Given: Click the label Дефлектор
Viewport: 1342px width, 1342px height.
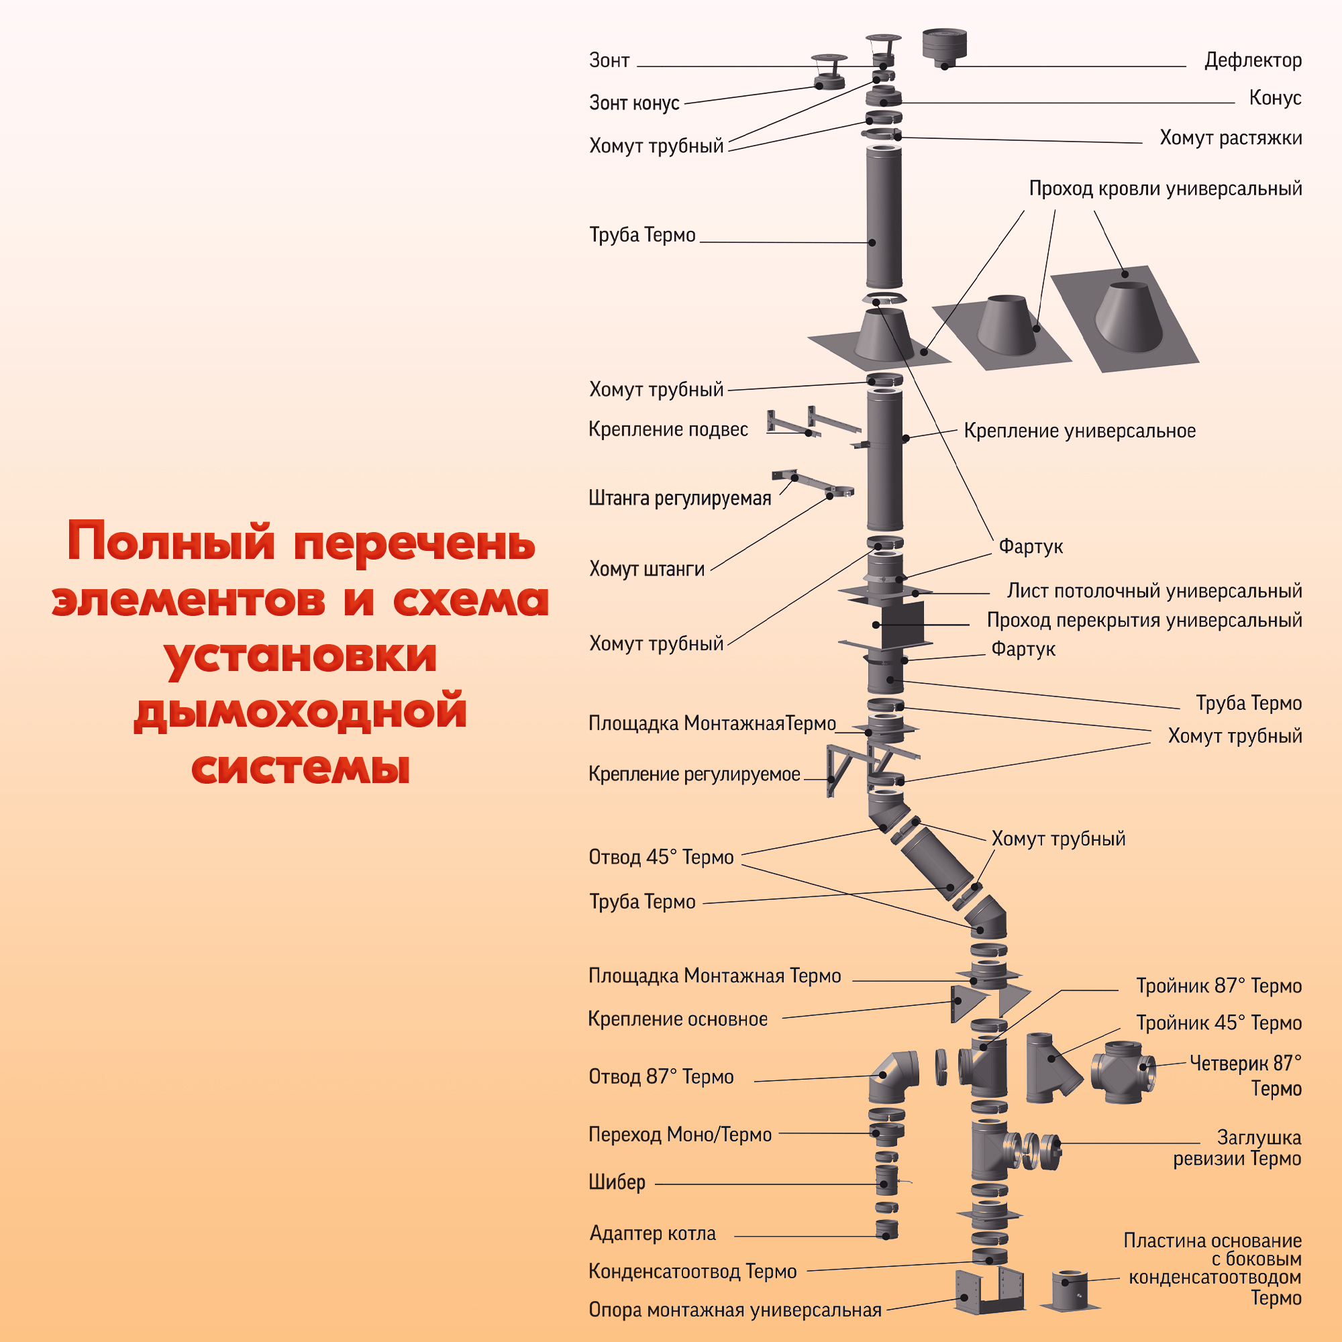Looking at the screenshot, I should (x=1252, y=60).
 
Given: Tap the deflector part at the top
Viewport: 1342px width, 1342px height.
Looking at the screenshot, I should (x=945, y=47).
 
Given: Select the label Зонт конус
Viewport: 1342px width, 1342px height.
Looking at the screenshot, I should (x=633, y=103).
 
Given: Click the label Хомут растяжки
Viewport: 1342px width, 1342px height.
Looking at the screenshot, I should (x=1230, y=138).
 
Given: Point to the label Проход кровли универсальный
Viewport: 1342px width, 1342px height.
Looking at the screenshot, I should (x=1165, y=189).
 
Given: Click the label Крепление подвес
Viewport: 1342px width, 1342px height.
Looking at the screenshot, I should (x=668, y=429).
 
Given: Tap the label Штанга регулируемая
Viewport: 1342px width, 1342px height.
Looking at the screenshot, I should (x=679, y=498).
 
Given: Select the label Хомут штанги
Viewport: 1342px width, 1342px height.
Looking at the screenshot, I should (x=646, y=569).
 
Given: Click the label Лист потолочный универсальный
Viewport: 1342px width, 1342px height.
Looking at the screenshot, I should (x=1153, y=591).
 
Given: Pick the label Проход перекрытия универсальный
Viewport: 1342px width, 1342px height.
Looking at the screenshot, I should (x=1144, y=620).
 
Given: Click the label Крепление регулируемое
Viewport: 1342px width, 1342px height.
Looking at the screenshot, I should (x=694, y=774).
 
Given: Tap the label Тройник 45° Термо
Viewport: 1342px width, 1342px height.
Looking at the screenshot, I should (x=1219, y=1023).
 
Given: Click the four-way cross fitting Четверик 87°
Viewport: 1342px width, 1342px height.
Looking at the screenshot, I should (x=1123, y=1072).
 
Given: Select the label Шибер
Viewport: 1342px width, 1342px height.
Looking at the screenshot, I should (x=617, y=1182).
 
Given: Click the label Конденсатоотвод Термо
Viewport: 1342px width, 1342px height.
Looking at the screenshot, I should (x=692, y=1271).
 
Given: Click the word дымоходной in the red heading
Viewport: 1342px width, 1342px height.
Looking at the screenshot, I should (x=300, y=711).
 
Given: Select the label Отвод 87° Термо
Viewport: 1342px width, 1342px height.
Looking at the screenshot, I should (x=660, y=1076).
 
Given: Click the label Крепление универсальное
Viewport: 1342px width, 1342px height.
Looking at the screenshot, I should (x=1080, y=431).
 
